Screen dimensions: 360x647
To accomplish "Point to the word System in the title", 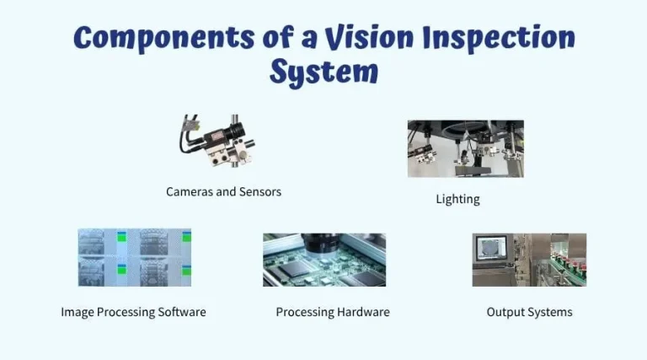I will (x=323, y=73).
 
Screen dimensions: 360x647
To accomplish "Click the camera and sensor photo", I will (x=217, y=141).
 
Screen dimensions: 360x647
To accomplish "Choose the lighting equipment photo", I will (x=465, y=148).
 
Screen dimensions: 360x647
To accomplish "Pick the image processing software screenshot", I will (x=135, y=258).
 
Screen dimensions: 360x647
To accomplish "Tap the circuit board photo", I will (x=324, y=261).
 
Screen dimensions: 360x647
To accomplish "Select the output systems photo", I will (x=529, y=260).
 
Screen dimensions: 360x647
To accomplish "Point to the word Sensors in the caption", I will (x=260, y=192).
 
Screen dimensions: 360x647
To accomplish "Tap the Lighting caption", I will (x=457, y=200).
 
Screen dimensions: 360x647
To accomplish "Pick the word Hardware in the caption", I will (x=363, y=312).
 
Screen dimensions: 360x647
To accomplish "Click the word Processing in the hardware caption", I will (x=304, y=312).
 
